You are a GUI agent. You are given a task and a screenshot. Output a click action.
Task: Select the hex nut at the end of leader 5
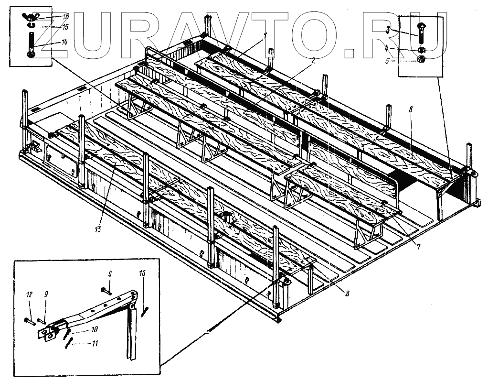coord(421,60)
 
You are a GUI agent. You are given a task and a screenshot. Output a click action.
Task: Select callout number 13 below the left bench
coord(98,230)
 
